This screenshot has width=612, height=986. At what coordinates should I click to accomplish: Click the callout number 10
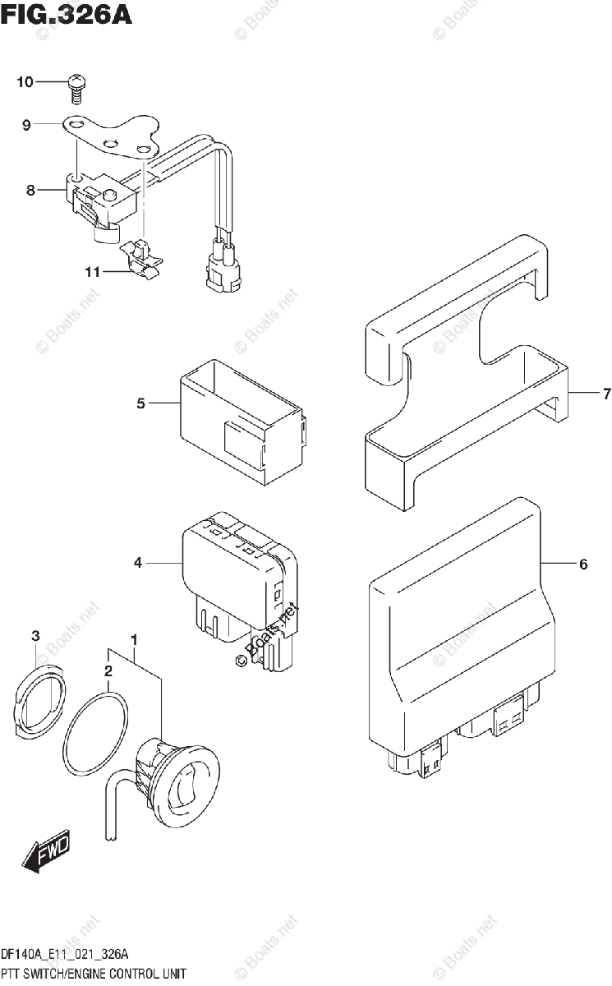pos(24,82)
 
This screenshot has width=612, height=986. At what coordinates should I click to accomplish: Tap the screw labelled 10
pos(76,86)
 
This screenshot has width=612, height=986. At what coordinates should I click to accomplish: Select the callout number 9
pos(26,125)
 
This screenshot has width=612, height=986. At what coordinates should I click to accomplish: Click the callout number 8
pos(30,191)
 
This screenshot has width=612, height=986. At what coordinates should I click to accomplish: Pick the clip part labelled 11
pos(140,256)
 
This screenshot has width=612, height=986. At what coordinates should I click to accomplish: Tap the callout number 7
pos(606,394)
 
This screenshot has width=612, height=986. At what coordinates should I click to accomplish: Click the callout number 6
pos(583,564)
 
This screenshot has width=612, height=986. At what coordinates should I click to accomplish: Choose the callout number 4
pos(138,563)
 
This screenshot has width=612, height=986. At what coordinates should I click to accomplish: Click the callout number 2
pos(108,672)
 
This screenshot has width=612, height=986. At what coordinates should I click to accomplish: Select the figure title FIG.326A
pos(67,16)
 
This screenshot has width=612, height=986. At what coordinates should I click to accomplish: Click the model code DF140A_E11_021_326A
pos(65,954)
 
